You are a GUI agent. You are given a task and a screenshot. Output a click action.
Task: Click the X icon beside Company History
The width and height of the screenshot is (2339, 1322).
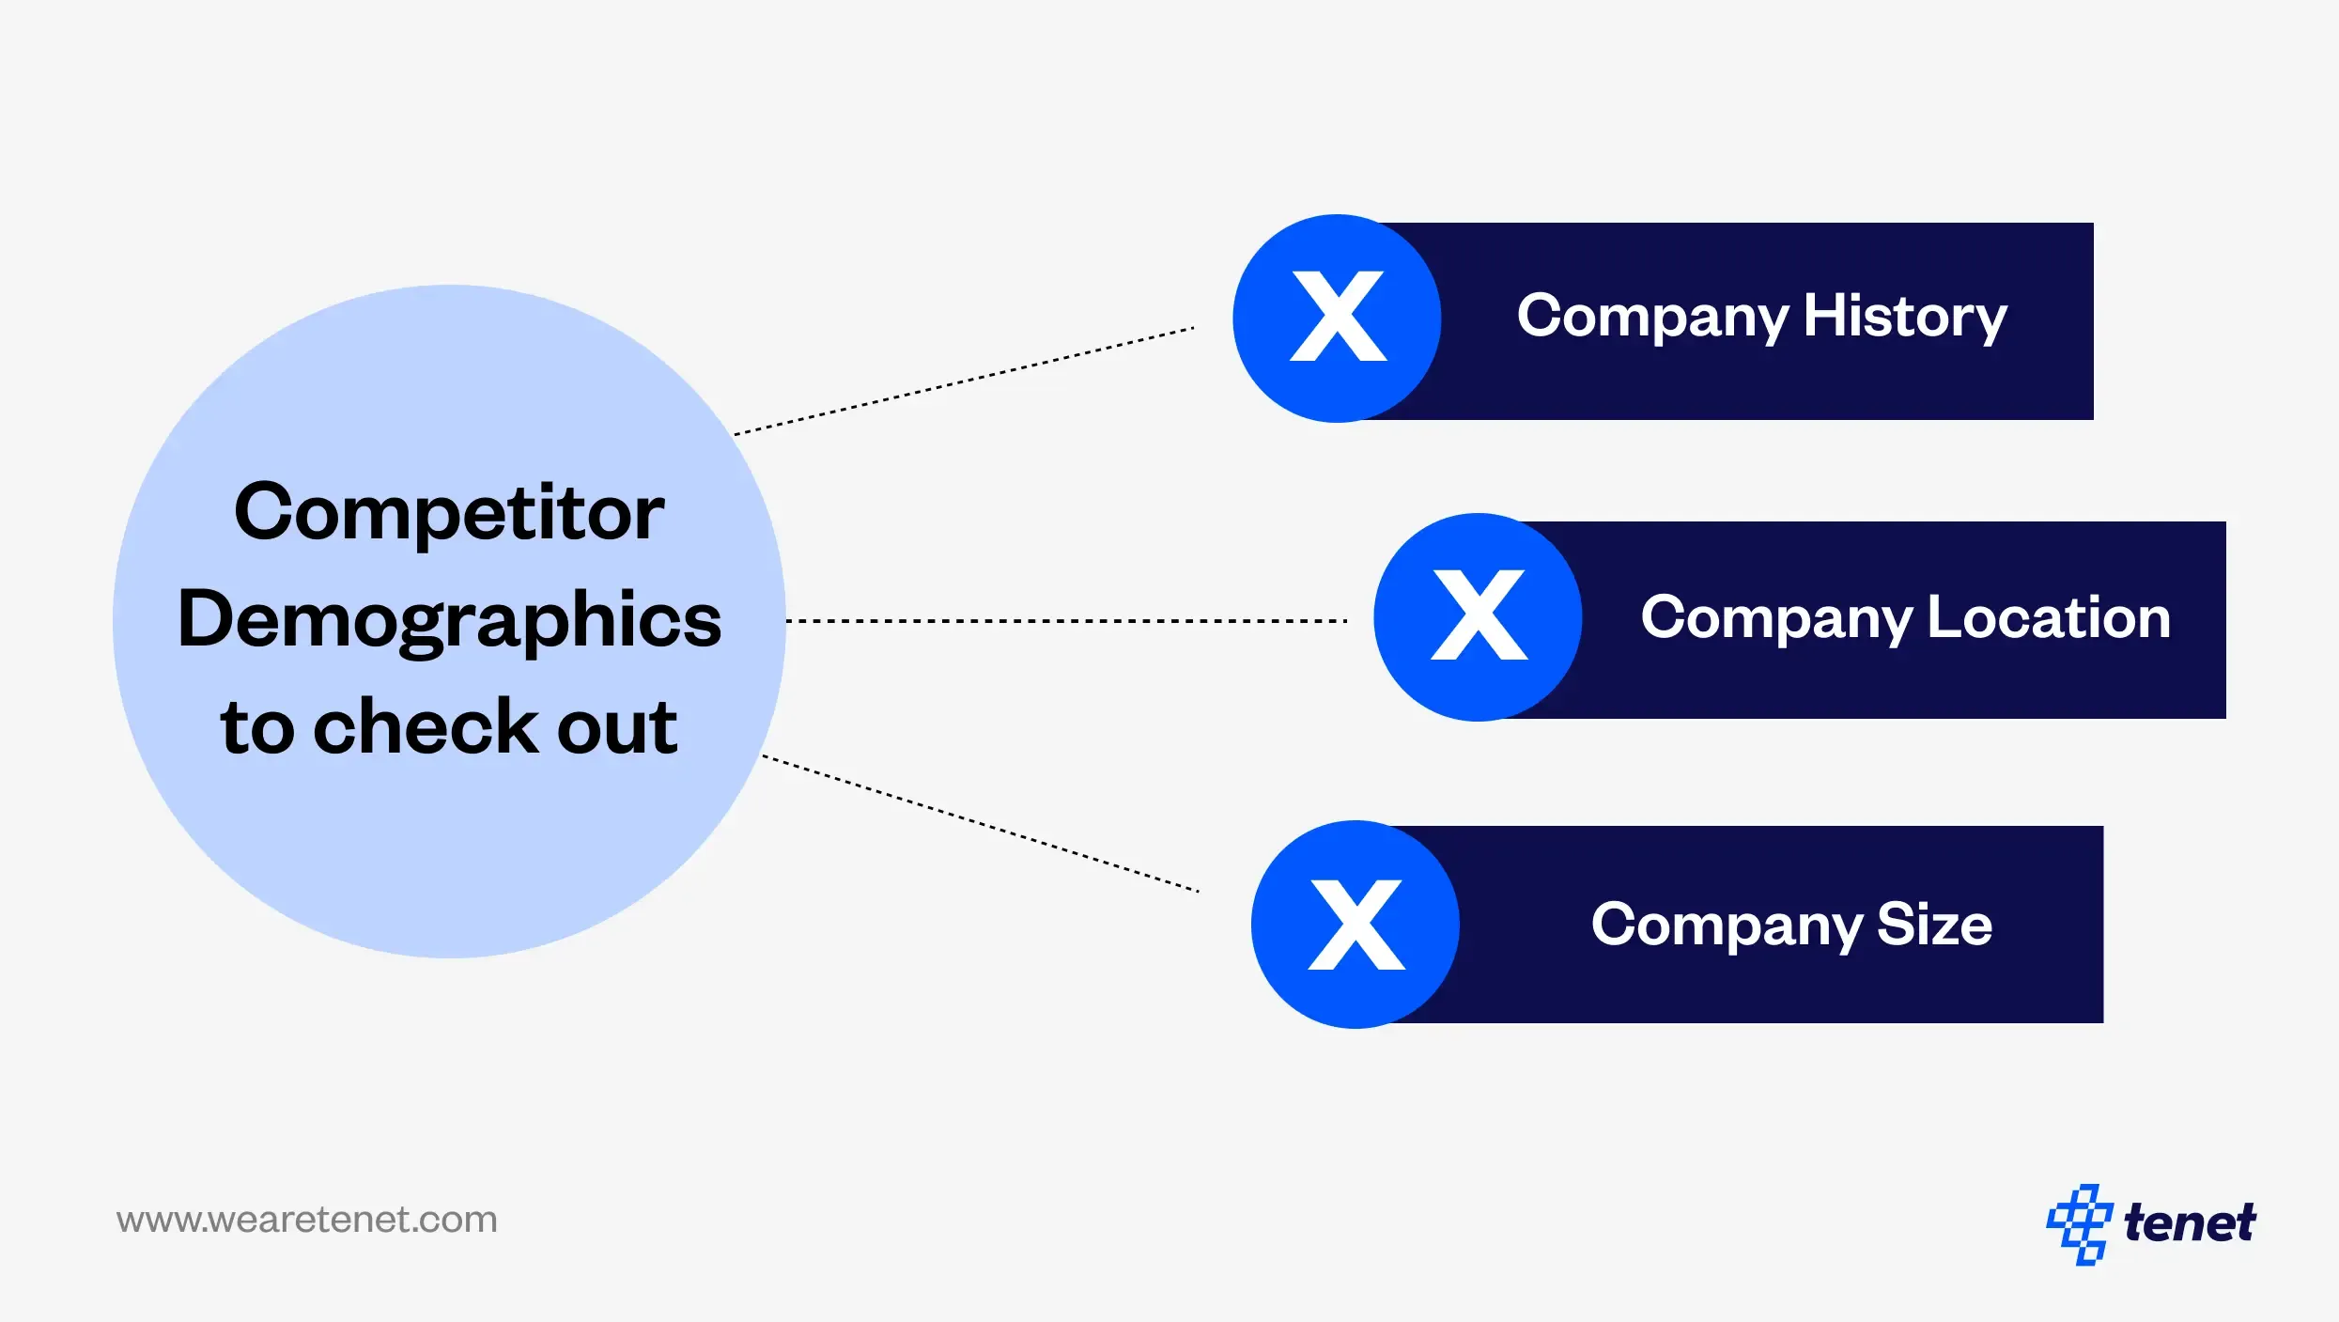point(1337,318)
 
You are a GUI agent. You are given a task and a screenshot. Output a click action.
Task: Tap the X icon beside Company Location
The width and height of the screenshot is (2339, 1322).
point(1478,616)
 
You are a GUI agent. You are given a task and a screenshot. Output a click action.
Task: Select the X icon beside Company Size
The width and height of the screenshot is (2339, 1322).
point(1355,924)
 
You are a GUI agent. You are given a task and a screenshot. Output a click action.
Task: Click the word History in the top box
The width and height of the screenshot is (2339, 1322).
point(1904,317)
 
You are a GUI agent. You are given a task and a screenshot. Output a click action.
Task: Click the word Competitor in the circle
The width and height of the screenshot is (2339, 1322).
point(449,513)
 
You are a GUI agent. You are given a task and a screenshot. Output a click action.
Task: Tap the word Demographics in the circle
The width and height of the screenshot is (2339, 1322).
point(449,621)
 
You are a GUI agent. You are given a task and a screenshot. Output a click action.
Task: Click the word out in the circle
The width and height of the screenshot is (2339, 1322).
point(617,728)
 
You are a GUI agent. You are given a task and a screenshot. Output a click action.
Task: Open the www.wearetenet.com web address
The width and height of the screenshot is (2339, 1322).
point(306,1220)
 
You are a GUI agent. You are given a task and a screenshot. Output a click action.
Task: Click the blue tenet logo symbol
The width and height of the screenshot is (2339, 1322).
point(2080,1223)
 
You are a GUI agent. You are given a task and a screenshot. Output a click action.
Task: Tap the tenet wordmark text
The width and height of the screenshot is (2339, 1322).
point(2189,1222)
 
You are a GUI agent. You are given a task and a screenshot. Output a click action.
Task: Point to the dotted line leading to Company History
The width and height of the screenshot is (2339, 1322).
point(964,381)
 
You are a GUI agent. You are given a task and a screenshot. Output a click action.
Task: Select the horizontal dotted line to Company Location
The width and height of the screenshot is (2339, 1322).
point(1066,621)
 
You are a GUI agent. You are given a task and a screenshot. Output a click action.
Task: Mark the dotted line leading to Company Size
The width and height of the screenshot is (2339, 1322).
point(980,823)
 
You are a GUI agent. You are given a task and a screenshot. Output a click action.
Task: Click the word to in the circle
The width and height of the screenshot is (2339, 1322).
point(257,728)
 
